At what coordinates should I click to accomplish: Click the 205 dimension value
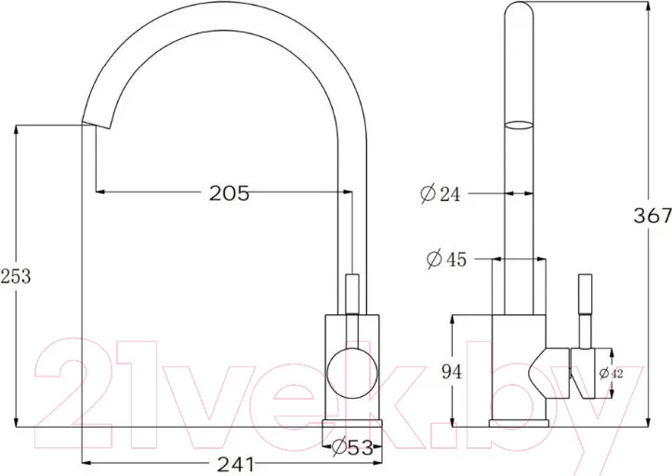pos(229,193)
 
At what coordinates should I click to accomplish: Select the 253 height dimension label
pos(16,277)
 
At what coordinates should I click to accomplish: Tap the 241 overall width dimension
pos(236,465)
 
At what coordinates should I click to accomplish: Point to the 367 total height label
pos(652,216)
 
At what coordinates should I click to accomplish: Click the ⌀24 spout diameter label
pos(441,194)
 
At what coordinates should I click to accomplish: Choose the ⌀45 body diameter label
pos(446,259)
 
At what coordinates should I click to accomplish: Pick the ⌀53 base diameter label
pos(352,448)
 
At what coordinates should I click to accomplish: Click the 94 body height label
pos(452,372)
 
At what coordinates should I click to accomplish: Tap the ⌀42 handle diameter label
pos(612,374)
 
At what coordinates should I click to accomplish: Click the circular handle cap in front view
pos(352,373)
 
